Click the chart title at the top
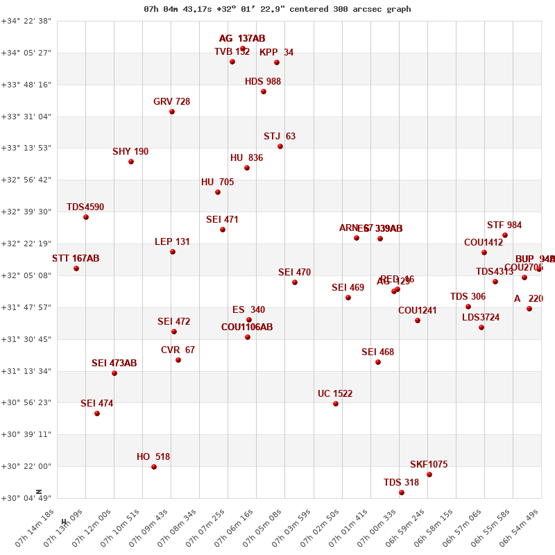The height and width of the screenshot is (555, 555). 277,9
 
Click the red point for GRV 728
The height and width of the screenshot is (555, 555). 172,112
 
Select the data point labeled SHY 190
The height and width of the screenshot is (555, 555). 131,162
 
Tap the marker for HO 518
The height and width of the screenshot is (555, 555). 154,467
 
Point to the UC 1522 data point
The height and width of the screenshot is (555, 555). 336,404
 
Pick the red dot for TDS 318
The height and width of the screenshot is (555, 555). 402,493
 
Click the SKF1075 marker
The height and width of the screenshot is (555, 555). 429,475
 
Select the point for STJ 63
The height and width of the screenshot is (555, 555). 280,146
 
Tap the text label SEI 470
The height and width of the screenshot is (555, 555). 294,273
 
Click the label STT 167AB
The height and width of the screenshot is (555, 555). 76,259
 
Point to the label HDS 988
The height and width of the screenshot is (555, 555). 263,82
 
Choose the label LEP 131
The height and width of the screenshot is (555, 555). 172,242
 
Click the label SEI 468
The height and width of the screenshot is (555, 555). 377,352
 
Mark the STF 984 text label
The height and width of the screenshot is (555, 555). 504,225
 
